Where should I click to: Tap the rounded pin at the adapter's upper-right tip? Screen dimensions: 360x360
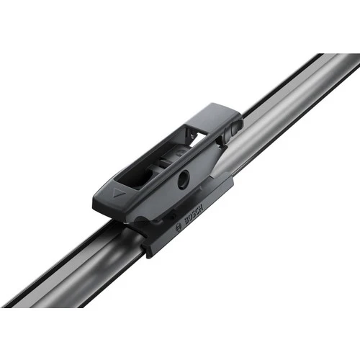238,124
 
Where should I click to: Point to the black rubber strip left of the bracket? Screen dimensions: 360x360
72,252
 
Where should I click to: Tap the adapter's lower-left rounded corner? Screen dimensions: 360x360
97,205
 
